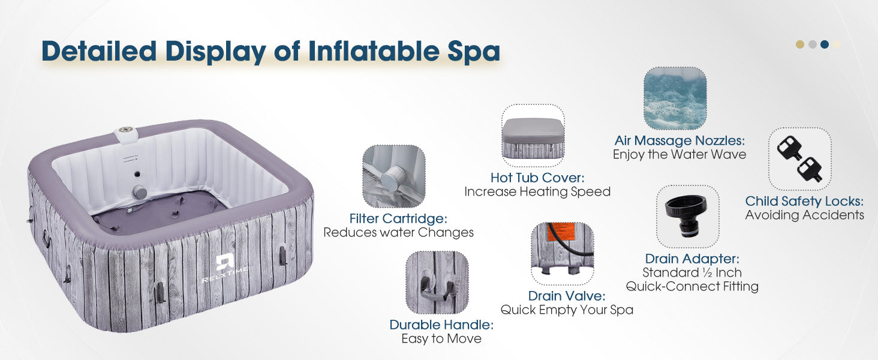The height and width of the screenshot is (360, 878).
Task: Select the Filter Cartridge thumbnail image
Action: (x=394, y=176)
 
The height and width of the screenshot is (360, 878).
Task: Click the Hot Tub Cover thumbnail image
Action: (x=533, y=136)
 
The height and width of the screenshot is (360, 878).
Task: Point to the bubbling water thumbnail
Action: (x=675, y=98)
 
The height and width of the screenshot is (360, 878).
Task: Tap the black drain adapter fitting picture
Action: (x=687, y=217)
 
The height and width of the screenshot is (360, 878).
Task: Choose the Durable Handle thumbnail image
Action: (x=437, y=283)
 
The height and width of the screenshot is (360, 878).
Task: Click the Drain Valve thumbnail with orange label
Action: (x=563, y=254)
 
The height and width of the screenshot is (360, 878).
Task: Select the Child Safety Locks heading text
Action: (x=804, y=201)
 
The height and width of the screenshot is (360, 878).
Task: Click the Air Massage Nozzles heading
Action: (x=679, y=140)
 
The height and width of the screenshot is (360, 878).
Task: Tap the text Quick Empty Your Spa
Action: (x=567, y=310)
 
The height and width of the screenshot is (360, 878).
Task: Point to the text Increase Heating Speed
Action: (x=537, y=192)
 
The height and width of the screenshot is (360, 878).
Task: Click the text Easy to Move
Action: (x=441, y=338)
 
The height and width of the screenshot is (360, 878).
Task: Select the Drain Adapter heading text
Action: (x=692, y=259)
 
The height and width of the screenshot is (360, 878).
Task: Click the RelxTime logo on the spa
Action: (x=225, y=268)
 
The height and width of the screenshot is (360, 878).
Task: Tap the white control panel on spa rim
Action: (x=126, y=134)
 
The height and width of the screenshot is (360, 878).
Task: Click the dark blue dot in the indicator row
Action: (x=824, y=44)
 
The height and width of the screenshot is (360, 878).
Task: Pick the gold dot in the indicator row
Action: (x=800, y=44)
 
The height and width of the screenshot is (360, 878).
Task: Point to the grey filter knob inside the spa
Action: (x=139, y=192)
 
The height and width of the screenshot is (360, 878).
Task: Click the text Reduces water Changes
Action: (x=398, y=233)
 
